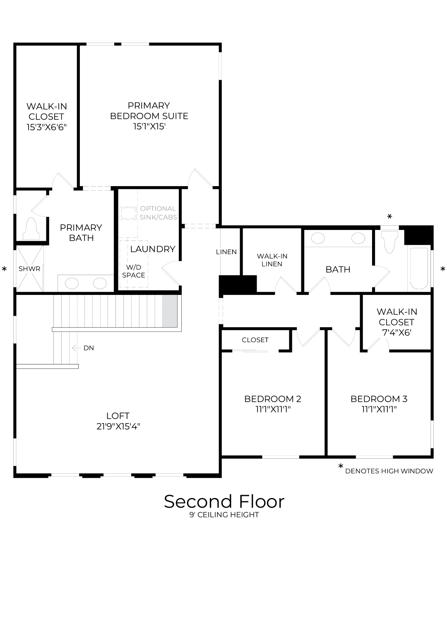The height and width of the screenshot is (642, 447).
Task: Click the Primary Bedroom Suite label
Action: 149,111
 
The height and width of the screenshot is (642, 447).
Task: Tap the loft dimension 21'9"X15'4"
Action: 118,426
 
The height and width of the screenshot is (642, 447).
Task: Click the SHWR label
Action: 29,269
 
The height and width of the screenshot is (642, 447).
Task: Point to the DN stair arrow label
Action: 89,348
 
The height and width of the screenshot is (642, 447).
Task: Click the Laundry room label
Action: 153,249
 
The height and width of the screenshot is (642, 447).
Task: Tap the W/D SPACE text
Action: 133,271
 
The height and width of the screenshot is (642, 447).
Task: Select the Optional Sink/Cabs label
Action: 158,213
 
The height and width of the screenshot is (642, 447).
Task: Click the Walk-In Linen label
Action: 272,260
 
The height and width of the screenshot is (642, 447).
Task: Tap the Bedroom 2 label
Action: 273,399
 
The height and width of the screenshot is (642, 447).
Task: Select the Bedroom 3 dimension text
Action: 379,410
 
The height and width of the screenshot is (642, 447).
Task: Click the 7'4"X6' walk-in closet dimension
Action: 397,333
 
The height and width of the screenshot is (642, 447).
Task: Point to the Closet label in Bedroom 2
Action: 255,340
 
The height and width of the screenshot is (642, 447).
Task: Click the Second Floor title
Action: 224,501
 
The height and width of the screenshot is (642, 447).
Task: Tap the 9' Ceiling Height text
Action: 224,515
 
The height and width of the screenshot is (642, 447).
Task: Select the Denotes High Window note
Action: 389,471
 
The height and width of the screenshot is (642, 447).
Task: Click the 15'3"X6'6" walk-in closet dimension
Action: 46,127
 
